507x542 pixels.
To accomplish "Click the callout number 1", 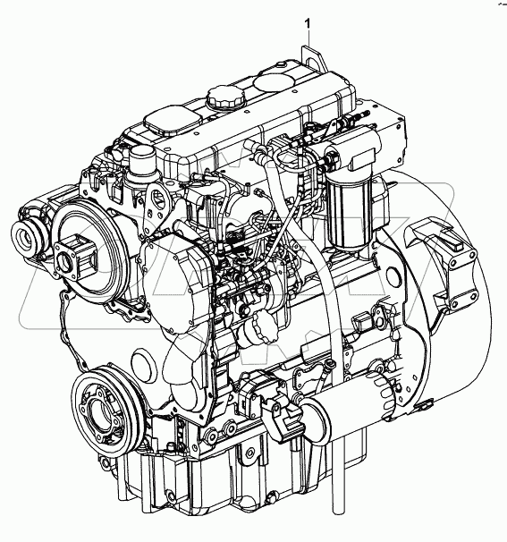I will [308, 20].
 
